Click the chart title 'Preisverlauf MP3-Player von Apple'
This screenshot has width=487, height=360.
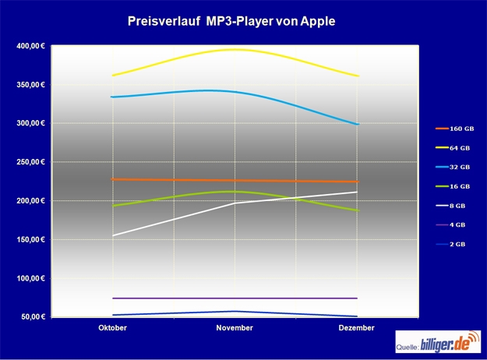231,22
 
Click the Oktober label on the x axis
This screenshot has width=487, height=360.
113,328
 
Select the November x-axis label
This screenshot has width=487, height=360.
235,328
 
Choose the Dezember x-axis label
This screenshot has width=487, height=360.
357,328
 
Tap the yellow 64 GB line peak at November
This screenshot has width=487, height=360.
235,50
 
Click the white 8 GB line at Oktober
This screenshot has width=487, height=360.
113,235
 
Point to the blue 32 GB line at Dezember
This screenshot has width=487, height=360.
357,124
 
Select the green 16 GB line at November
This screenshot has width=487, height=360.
235,192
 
